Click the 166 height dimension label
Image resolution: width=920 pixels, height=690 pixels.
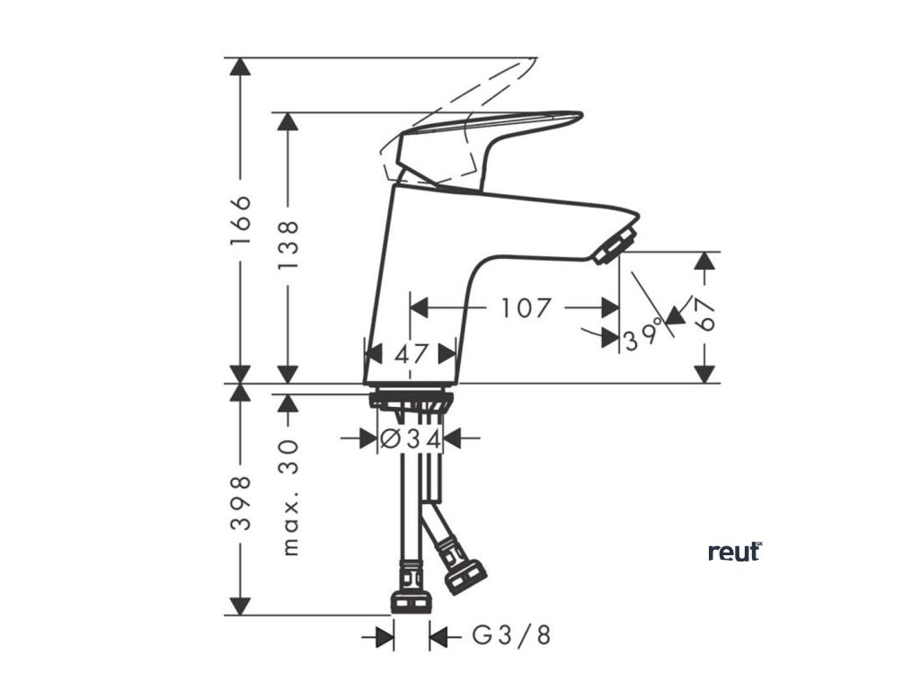click(x=240, y=220)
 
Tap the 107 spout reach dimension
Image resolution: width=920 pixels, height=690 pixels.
click(x=526, y=308)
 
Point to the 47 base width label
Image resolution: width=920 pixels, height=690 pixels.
click(x=411, y=353)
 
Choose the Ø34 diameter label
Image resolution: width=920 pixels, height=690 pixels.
click(x=411, y=439)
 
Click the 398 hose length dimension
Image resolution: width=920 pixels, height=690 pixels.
click(x=240, y=502)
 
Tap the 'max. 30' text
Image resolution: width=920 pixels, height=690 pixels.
click(x=288, y=497)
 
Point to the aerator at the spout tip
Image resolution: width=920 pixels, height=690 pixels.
click(x=614, y=244)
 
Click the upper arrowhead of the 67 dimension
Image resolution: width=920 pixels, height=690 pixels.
click(x=706, y=261)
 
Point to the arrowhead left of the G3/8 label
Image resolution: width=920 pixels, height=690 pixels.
click(x=384, y=637)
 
